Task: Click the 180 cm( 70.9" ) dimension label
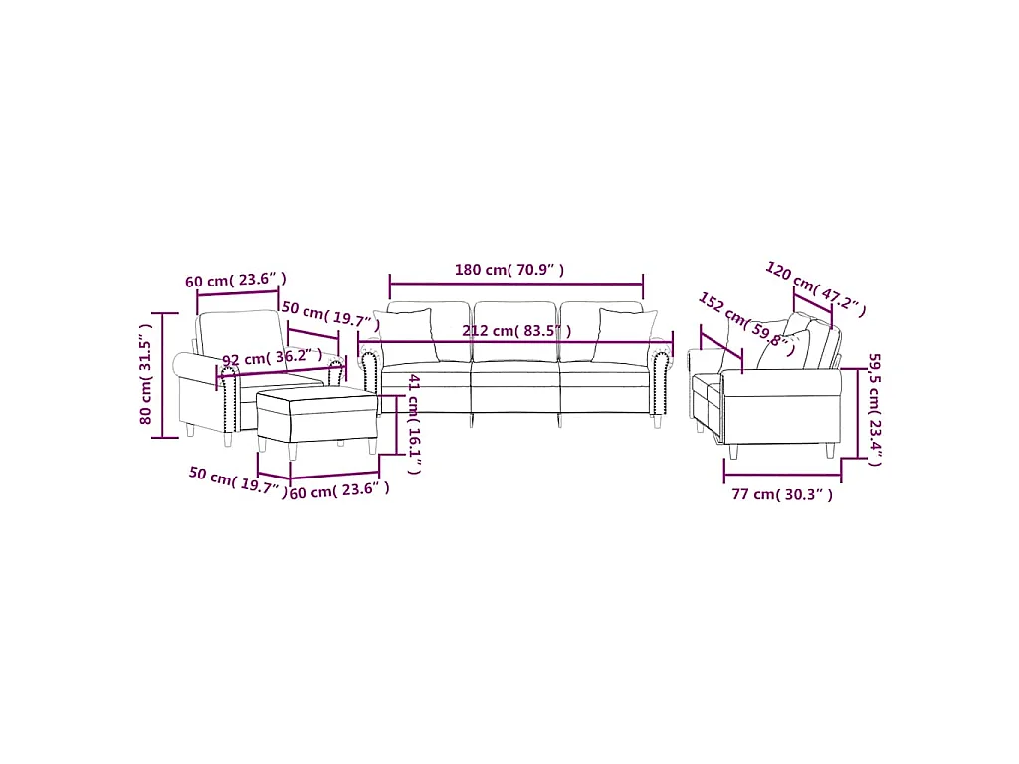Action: [509, 269]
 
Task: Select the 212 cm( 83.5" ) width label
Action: [516, 331]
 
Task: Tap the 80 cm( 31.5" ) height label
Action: [146, 374]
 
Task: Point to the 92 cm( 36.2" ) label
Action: [273, 358]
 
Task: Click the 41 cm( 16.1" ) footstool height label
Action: [415, 424]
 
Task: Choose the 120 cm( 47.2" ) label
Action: [816, 289]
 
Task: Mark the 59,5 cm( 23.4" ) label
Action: [875, 409]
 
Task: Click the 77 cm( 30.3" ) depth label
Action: [782, 494]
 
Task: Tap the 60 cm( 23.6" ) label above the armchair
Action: [236, 280]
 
